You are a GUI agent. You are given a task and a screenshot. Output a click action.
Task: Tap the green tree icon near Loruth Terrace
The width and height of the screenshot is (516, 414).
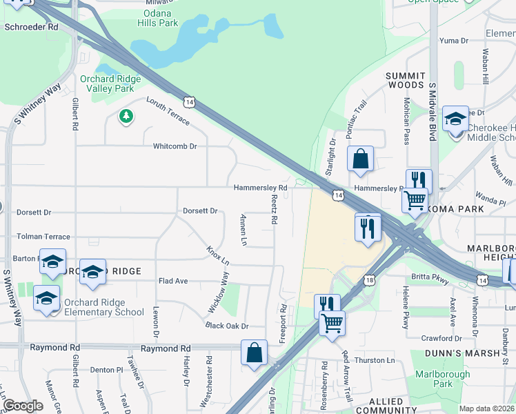coord(126,116)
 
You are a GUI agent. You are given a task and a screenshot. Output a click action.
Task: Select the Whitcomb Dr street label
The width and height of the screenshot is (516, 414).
coord(175,146)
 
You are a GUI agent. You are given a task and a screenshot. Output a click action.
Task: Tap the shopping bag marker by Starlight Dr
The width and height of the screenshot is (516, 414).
coord(360,159)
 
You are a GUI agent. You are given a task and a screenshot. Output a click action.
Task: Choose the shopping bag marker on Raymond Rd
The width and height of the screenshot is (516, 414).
coord(255,352)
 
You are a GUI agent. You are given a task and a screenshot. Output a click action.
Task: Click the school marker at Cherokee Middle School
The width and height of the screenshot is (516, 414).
coord(455,121)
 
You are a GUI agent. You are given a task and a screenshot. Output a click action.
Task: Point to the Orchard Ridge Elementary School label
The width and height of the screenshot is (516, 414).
coord(103,307)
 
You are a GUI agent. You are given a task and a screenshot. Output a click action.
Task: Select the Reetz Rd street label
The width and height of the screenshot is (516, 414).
coord(274,209)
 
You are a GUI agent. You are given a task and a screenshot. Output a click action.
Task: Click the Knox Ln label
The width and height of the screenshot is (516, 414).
coord(217,255)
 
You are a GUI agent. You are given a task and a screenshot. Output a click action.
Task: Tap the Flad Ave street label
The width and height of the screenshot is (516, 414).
coord(173,282)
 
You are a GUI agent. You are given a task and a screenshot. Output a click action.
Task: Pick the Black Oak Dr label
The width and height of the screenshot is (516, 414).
coord(226,326)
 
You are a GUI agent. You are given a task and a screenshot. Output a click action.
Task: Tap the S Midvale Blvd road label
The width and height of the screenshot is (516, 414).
coord(433,112)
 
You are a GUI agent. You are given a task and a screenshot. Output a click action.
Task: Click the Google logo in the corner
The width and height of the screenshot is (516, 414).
coord(23,406)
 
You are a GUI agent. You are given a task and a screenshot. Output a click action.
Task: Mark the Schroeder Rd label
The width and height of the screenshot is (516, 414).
coord(31,27)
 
